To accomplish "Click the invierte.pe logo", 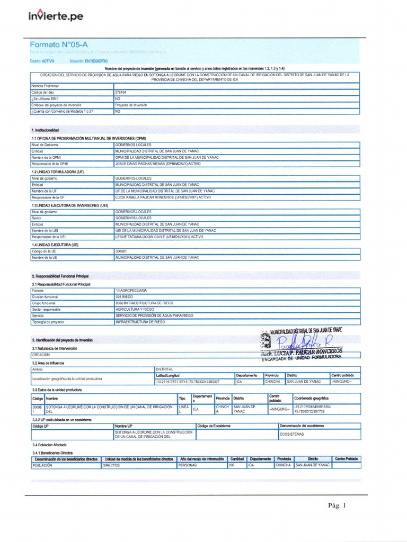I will coord(55,17).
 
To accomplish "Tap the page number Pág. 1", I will coord(337,505).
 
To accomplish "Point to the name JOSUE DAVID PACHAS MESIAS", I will coord(151,164).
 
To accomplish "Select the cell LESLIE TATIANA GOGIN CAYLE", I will coord(151,237).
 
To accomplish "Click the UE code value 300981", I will coord(121,251).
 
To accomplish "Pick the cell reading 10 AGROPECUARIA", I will coord(131,291).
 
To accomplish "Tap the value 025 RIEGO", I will coord(126,297).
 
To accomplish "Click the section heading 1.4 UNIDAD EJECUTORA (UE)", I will coord(55,245).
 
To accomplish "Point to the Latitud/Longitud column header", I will coord(161,375).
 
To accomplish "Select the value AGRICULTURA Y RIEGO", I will coord(135,309).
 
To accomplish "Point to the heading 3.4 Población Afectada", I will coord(49,445).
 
